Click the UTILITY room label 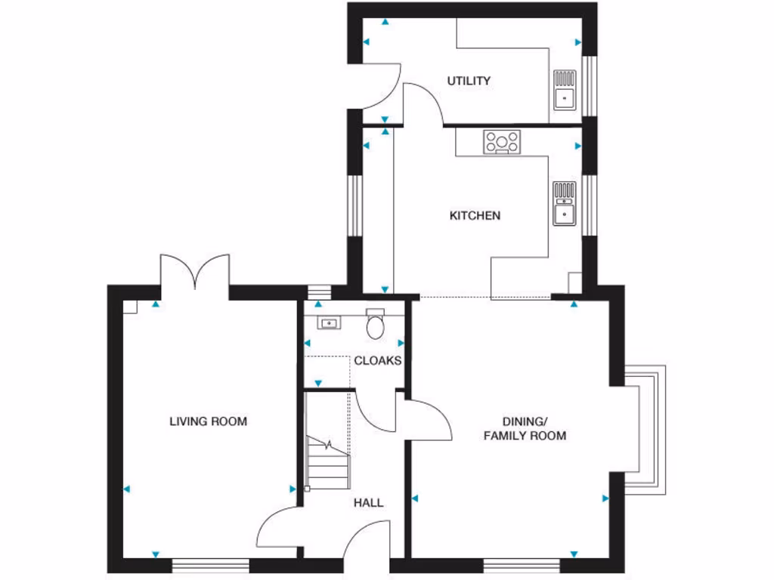click(x=469, y=81)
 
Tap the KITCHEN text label click(x=475, y=216)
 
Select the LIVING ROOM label click(x=208, y=421)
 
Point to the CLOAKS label click(x=378, y=361)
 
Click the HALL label click(x=368, y=502)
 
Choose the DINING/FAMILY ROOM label click(x=525, y=428)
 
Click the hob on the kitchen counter click(x=503, y=141)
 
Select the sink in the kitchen click(x=564, y=203)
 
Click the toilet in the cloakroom click(x=375, y=324)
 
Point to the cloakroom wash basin click(x=330, y=324)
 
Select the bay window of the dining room click(x=646, y=430)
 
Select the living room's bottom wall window click(x=211, y=564)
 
